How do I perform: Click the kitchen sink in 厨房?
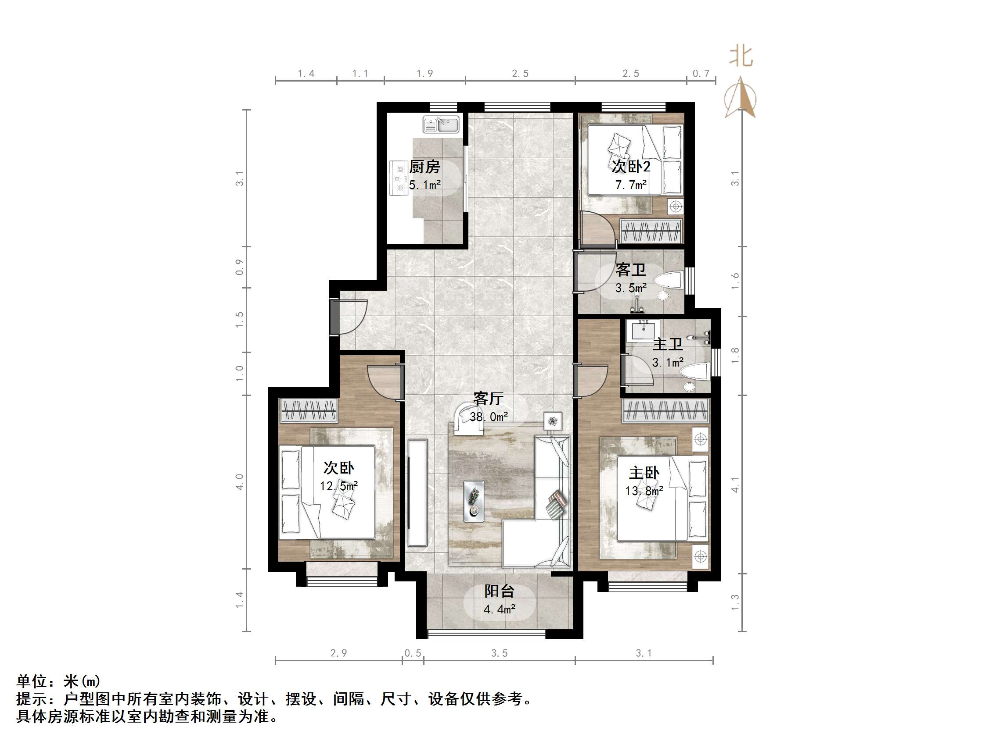pos(441,125)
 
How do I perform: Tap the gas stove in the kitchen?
pos(399,178)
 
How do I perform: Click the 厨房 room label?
pos(424,167)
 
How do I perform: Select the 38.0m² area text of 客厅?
pos(488,417)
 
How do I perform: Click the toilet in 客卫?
pos(669,280)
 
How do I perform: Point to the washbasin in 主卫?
pos(643,331)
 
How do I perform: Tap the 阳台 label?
pos(500,591)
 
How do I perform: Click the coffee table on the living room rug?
pos(474,501)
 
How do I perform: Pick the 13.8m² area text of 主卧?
pos(644,491)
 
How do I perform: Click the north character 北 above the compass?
pos(741,57)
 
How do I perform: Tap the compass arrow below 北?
pos(741,97)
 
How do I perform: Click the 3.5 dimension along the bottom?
pos(499,653)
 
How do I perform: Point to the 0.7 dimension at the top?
pos(701,73)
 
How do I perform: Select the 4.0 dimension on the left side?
pos(240,481)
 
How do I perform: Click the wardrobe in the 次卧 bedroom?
pos(308,410)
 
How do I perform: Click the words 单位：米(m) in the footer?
pos(58,680)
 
